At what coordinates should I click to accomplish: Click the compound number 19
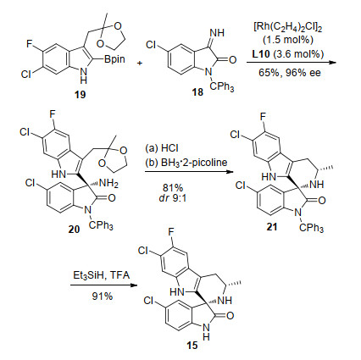point(80,94)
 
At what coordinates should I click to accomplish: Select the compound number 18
point(197,91)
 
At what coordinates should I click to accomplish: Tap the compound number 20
point(74,229)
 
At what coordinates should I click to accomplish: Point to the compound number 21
point(272,227)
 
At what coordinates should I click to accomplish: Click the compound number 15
point(192,345)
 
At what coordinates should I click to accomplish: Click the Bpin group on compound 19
point(114,59)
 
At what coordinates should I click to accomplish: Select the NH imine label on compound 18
point(217,33)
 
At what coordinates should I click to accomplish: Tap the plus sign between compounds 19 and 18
point(140,63)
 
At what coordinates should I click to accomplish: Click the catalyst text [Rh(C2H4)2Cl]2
point(288,29)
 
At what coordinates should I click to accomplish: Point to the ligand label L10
point(261,53)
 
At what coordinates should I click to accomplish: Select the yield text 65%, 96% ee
point(290,73)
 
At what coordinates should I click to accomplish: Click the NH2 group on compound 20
point(108,184)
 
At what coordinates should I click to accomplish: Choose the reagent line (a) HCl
point(162,148)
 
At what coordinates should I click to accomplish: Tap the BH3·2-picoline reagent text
point(186,163)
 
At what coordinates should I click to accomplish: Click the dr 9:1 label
point(173,198)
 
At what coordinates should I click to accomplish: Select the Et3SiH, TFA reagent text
point(102,275)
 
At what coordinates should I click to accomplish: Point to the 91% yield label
point(103,296)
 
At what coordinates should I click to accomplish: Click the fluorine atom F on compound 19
point(30,44)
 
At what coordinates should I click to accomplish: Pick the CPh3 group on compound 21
point(311,228)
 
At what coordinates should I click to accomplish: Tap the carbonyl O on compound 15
point(230,315)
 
